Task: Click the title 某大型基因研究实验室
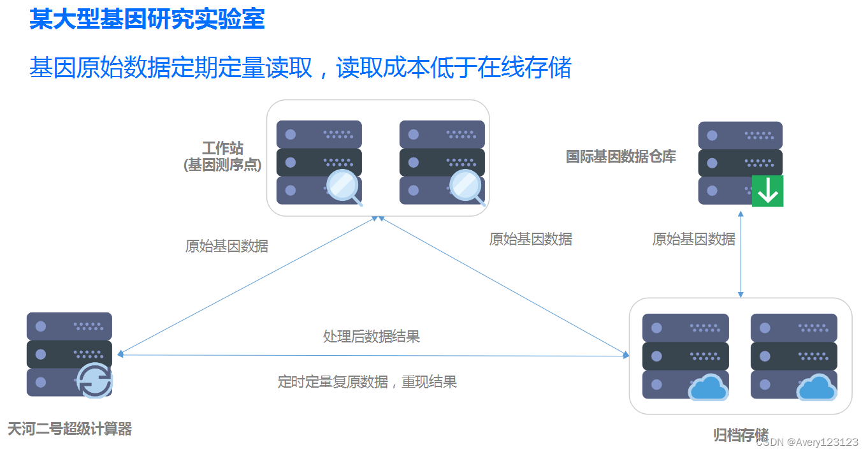147,18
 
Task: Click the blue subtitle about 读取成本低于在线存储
300,68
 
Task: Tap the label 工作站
223,149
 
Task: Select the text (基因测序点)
223,165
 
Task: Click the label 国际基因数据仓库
621,156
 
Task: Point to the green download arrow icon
767,191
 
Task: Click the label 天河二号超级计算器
69,429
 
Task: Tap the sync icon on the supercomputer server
95,381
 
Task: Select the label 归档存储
741,436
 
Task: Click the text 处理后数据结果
371,337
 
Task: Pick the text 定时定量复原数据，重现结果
367,382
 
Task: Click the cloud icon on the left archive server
707,387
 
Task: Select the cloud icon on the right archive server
816,387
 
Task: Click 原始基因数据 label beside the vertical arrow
693,239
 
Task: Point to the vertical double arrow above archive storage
741,255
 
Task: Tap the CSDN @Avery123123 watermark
807,442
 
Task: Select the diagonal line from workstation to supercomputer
249,285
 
